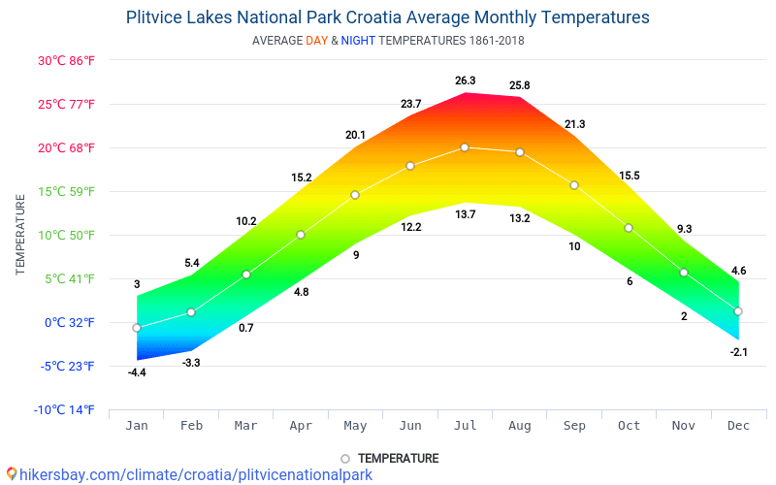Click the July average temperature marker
[465, 147]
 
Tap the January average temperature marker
[137, 328]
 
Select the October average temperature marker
[629, 228]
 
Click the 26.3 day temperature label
[466, 81]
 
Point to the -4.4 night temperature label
[137, 372]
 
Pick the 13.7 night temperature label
[466, 214]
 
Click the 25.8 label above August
[520, 86]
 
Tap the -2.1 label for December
[739, 351]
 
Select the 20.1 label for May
[355, 135]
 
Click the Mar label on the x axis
[246, 426]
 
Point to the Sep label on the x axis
[574, 426]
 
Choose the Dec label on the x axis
[738, 426]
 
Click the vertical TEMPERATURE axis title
[20, 235]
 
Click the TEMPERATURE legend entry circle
[344, 459]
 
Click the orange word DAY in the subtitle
[316, 41]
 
